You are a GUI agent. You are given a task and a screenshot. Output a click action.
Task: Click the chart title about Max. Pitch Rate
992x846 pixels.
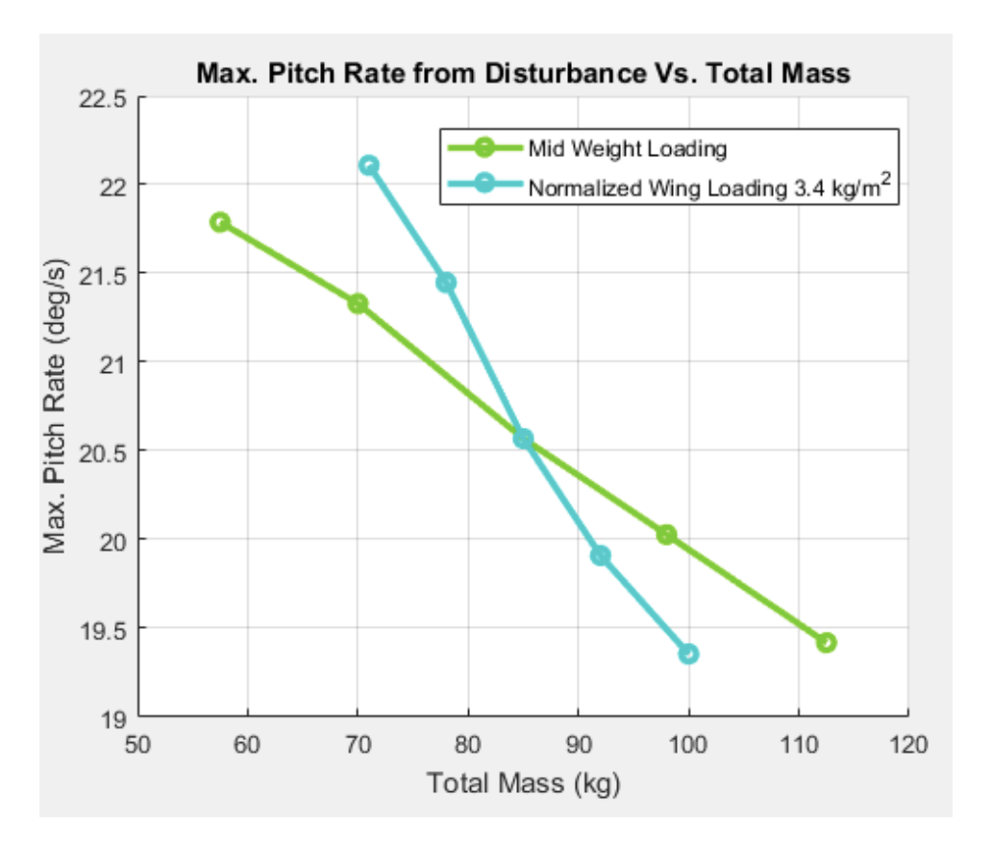[x=523, y=73]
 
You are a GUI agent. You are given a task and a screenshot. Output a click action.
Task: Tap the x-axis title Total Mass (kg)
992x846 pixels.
[x=523, y=783]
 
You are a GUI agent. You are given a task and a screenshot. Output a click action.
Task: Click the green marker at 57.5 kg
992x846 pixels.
[x=220, y=222]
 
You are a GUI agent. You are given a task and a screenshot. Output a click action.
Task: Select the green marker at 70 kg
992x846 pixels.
[x=358, y=304]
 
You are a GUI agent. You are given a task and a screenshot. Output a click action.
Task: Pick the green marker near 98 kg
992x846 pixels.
[x=666, y=535]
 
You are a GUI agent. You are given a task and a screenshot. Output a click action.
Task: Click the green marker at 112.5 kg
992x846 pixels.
[x=826, y=642]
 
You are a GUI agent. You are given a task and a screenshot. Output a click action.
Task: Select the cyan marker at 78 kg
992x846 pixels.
[x=446, y=283]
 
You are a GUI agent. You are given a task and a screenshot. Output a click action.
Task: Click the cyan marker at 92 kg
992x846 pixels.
[x=601, y=556]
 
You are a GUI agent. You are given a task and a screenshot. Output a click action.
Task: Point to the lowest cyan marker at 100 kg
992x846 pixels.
[x=688, y=654]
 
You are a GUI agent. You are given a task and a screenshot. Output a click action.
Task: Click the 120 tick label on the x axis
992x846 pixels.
[x=907, y=743]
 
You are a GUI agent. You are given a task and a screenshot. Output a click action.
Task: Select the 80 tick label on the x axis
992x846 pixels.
[x=468, y=743]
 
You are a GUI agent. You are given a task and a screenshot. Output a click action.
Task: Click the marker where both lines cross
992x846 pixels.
[x=523, y=438]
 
